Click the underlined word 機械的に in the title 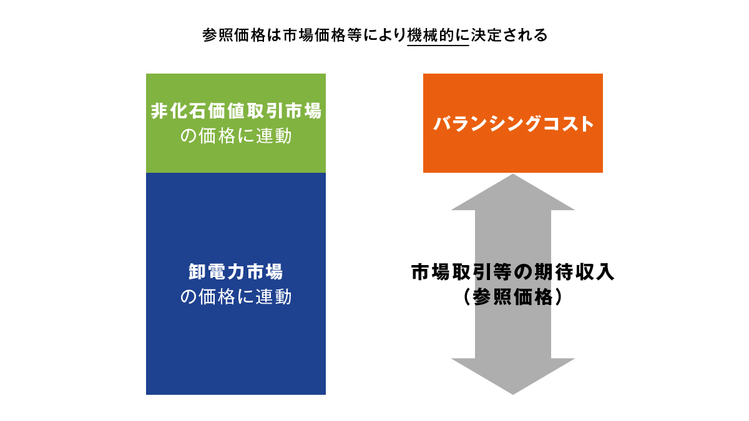[x=438, y=35]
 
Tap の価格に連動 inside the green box [x=236, y=136]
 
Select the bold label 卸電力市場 [x=236, y=273]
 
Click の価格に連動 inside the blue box [x=236, y=297]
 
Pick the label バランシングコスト [x=513, y=123]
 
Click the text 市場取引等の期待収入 [x=513, y=273]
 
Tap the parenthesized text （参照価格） [x=513, y=298]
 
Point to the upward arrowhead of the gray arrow [x=513, y=191]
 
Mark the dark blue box [x=236, y=349]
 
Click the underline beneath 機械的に [x=438, y=46]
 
